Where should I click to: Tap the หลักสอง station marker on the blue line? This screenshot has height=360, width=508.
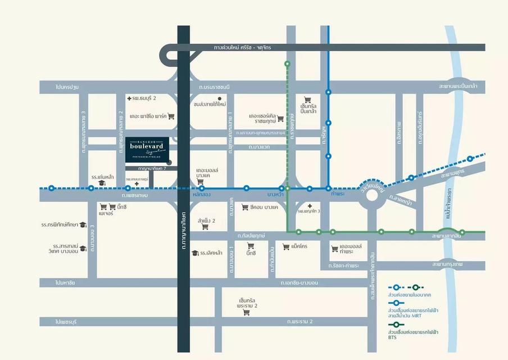[x=202, y=188]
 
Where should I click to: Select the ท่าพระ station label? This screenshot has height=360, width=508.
[x=338, y=195]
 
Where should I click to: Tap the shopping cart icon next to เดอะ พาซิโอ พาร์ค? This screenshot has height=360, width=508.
[x=171, y=116]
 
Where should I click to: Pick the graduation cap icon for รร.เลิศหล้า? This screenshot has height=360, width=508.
[x=195, y=253]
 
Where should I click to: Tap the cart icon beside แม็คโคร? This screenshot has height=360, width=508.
[x=285, y=246]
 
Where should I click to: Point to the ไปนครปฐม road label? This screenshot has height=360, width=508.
[x=66, y=87]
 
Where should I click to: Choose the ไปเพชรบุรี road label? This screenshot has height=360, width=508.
[x=66, y=322]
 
